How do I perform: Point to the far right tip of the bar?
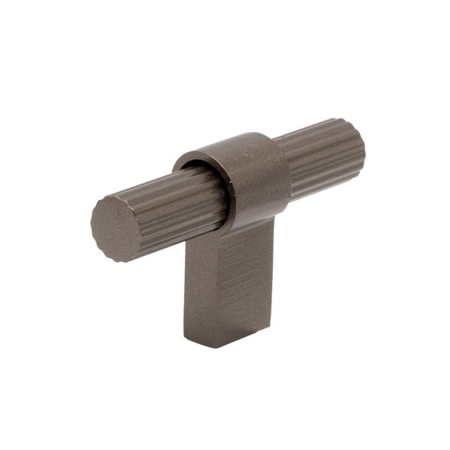(x=364, y=152)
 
